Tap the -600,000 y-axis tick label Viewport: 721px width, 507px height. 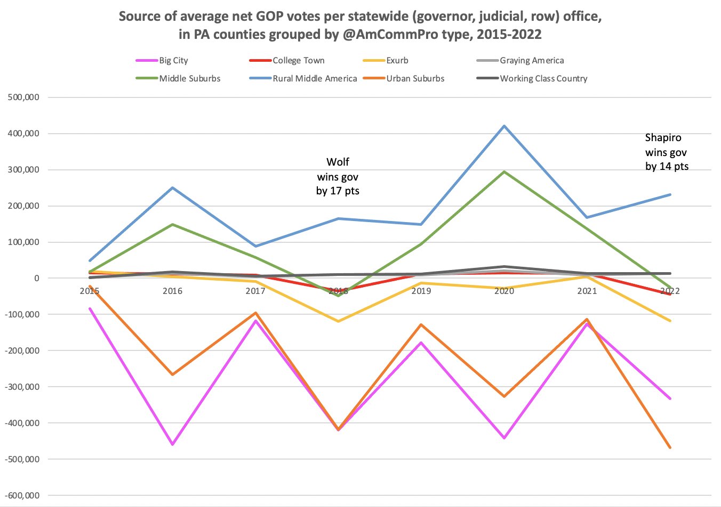point(21,495)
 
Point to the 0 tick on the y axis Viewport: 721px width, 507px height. point(36,278)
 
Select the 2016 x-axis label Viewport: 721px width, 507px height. point(172,291)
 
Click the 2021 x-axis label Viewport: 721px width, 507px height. point(587,291)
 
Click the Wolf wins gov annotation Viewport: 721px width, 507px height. point(338,176)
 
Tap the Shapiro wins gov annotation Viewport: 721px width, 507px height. point(666,152)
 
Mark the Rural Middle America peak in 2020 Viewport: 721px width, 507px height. point(504,126)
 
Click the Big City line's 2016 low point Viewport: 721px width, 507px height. point(173,444)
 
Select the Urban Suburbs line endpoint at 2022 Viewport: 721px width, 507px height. point(670,447)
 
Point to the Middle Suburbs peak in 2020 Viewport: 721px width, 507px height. point(504,172)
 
